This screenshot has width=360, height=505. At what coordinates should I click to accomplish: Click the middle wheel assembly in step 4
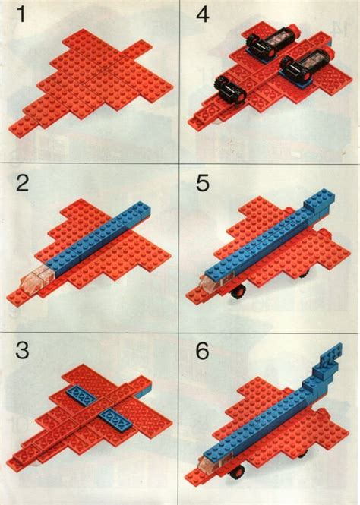tap(300, 72)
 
